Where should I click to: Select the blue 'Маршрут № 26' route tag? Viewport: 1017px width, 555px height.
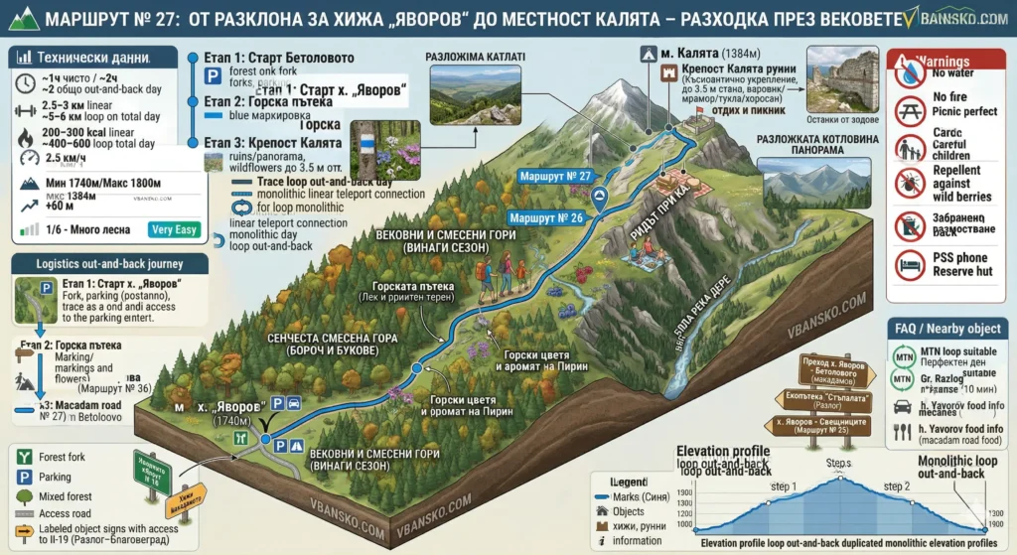click(545, 215)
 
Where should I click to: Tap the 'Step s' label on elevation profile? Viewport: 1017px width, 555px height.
click(838, 464)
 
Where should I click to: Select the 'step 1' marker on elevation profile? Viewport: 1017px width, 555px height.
click(784, 486)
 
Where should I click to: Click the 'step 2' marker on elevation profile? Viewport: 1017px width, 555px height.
click(896, 486)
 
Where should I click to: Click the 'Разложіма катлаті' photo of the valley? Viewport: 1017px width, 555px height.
click(475, 94)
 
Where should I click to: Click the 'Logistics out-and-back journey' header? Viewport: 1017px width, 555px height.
click(108, 263)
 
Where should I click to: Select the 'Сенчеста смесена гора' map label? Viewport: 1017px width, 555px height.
click(332, 345)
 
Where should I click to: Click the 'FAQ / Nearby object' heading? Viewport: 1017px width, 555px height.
click(946, 329)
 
